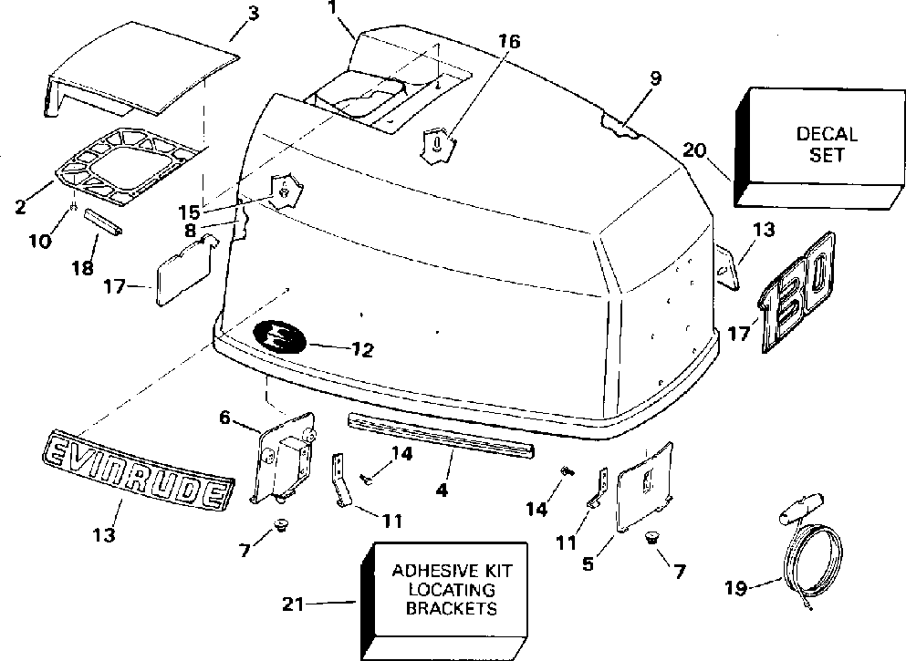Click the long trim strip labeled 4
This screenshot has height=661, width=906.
pos(442,436)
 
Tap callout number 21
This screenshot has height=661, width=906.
pos(293,602)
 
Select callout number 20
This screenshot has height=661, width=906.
pos(694,152)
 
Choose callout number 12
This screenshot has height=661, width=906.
pos(361,349)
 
